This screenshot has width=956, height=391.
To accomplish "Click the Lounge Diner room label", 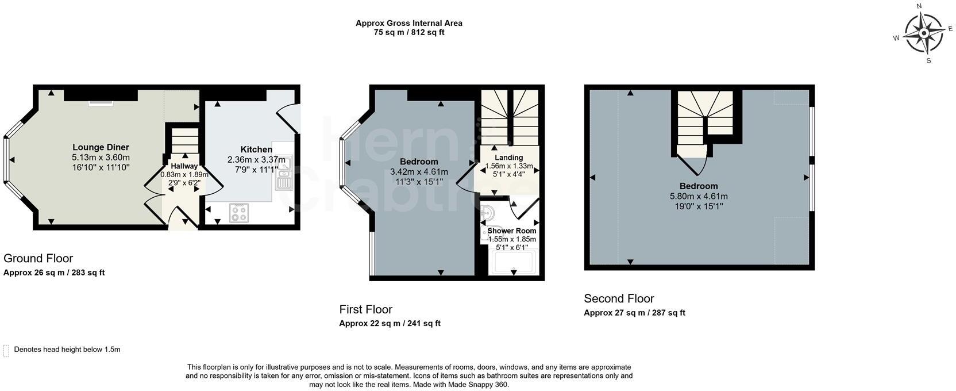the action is (x=101, y=147).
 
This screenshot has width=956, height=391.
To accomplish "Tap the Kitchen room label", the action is (x=256, y=149).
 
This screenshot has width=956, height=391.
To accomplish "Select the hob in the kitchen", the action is (x=239, y=213).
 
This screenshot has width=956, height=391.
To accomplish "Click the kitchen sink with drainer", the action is (x=283, y=172).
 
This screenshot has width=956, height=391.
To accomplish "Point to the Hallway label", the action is (x=184, y=166).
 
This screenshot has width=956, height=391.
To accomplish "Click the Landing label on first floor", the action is (x=508, y=158).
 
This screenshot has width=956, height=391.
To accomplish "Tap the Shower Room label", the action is (x=512, y=231).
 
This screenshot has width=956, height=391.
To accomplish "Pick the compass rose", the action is (x=924, y=33).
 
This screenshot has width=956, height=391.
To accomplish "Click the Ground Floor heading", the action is (x=38, y=259).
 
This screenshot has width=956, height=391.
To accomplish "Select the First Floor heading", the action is (x=366, y=309).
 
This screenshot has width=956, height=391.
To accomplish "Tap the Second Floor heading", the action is (x=619, y=298).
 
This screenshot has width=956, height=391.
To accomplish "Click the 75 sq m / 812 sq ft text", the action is (x=409, y=32).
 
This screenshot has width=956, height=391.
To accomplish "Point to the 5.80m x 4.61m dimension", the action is (x=699, y=197).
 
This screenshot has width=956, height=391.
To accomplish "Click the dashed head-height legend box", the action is (x=6, y=351).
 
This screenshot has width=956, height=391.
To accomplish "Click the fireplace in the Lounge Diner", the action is (x=101, y=103).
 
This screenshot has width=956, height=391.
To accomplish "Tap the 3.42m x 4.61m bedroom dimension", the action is (x=419, y=172).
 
